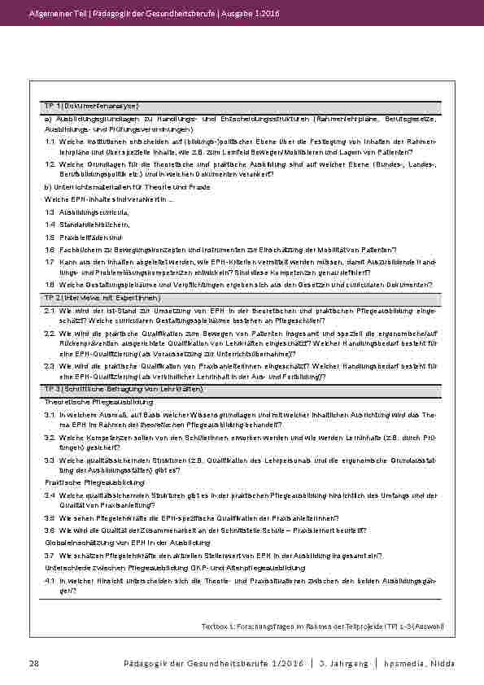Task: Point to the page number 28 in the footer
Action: (35, 664)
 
